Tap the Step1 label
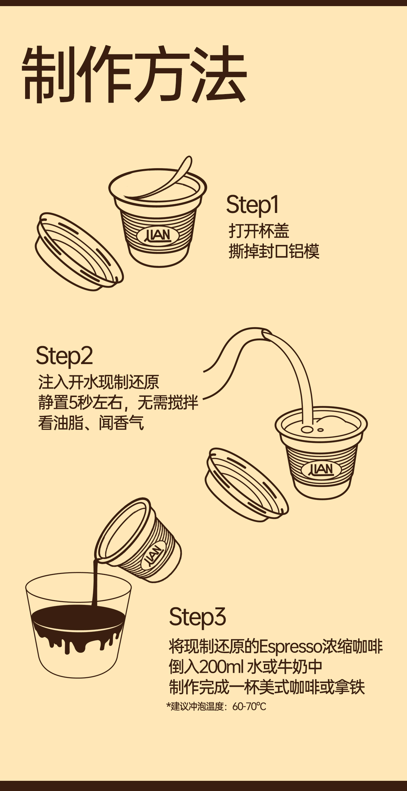252,205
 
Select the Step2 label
64,356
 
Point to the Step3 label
197,617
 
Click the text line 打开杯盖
259,231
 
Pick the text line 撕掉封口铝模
274,252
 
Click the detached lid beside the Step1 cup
79,252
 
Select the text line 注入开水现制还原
98,382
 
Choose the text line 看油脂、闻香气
91,423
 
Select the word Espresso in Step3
290,647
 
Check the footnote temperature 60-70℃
249,707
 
